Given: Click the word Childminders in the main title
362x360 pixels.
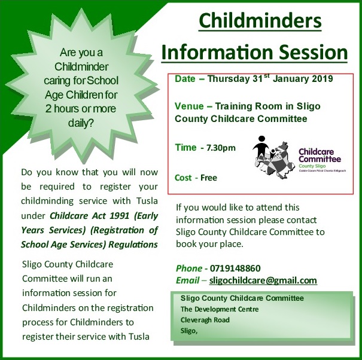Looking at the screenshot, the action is (x=260, y=21).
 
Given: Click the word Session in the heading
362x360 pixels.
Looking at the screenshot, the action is (x=313, y=52).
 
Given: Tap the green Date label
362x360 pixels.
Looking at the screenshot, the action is (x=185, y=79).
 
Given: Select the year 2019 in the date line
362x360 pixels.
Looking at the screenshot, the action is (x=323, y=79).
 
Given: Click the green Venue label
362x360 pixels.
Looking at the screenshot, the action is (x=189, y=106).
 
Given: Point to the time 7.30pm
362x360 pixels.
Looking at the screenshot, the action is (x=221, y=148).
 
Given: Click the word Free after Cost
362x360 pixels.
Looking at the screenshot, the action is (x=209, y=178).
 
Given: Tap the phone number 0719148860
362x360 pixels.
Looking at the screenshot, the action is (x=235, y=269).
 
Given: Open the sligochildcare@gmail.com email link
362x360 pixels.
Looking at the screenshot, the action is (x=263, y=280).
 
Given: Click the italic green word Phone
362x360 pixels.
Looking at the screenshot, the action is (x=189, y=269).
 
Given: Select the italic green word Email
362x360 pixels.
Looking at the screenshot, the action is (x=187, y=280).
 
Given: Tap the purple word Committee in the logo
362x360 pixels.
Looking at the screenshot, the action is (x=320, y=159).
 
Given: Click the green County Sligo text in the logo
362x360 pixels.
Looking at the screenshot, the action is (x=312, y=166).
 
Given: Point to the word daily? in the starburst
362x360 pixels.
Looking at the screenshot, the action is (x=81, y=123).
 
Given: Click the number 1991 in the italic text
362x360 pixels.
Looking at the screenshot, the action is (x=119, y=215).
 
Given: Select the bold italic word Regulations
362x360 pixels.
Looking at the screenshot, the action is (x=133, y=245).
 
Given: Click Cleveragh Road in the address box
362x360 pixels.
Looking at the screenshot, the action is (x=205, y=320).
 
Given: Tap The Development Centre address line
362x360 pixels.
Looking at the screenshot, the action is (x=220, y=309).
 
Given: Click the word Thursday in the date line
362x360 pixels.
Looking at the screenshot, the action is (x=229, y=79).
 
